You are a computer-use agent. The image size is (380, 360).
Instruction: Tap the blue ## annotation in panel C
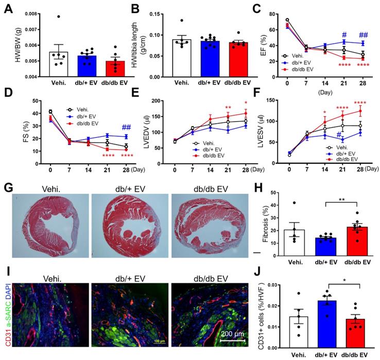click(x=364, y=35)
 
